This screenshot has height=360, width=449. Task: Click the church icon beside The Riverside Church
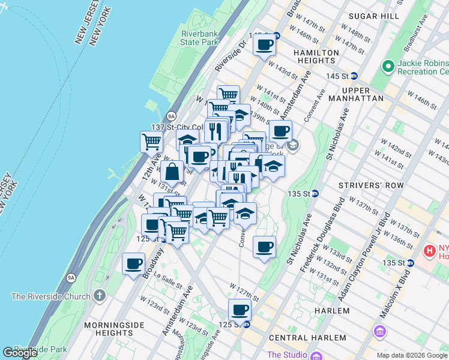pos(100,296)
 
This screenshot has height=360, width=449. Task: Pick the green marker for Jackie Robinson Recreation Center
pos(388,65)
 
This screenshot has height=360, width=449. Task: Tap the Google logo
pos(20,353)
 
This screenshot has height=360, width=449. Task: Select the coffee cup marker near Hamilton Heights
pos(264,44)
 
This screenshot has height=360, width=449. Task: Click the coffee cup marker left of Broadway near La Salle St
pos(133,263)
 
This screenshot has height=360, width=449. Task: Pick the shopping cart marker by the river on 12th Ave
pos(151,142)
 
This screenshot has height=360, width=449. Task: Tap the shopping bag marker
pos(172,172)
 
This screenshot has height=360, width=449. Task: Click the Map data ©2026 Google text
pos(412,355)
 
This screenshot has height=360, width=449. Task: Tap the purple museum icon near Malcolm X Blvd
pos(379,331)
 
